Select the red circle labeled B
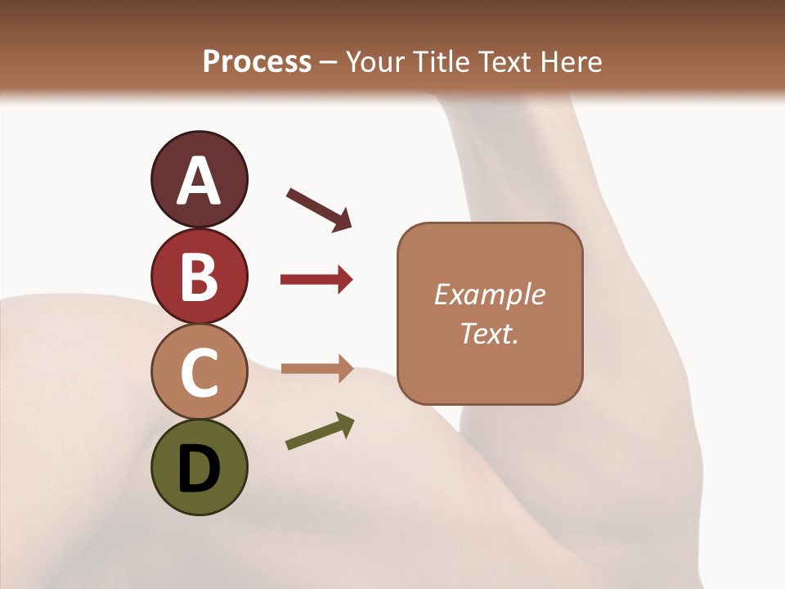click(199, 276)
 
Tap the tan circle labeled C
click(199, 372)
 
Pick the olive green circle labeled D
click(199, 467)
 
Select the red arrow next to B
click(316, 280)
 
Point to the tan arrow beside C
click(316, 369)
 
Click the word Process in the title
click(257, 62)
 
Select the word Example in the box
click(489, 294)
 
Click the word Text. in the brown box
click(489, 333)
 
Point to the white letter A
click(199, 181)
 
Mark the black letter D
click(199, 470)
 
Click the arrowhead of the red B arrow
click(344, 280)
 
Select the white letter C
click(199, 374)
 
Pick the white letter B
click(199, 277)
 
